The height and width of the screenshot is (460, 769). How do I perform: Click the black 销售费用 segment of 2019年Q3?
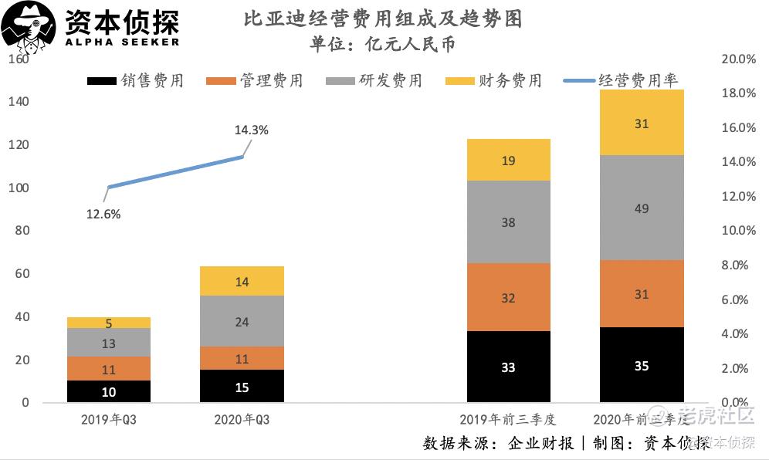(109, 391)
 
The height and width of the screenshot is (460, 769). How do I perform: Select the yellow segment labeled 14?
(242, 282)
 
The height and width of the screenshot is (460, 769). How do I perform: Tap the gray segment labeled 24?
(242, 321)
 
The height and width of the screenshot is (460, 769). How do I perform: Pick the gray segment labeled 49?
(642, 208)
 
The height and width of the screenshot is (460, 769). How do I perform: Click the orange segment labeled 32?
(508, 297)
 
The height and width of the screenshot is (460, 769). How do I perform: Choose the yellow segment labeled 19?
(508, 161)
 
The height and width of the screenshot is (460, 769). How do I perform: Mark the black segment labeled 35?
(642, 365)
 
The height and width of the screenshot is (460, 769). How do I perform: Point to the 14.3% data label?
(251, 130)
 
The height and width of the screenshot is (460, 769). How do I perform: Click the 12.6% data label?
(103, 215)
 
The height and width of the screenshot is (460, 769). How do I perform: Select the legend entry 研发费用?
(374, 81)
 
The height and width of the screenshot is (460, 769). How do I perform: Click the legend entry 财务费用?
(495, 81)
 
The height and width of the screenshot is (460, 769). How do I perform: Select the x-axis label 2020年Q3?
(242, 420)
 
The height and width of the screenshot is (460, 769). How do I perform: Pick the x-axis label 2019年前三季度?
(508, 420)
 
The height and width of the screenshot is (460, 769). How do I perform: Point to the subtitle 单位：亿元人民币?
(383, 44)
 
